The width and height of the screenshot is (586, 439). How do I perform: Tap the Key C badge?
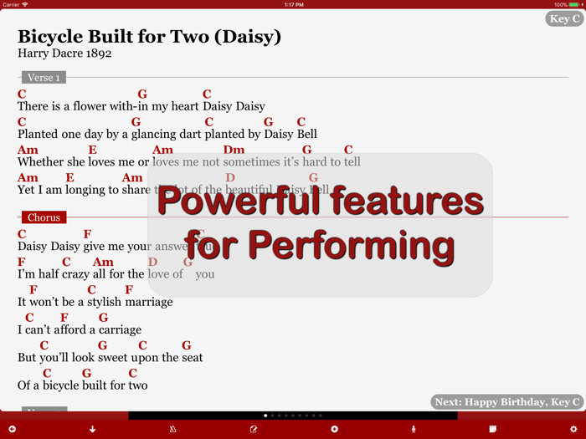(x=564, y=18)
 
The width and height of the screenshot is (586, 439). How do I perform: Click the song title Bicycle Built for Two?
(x=149, y=37)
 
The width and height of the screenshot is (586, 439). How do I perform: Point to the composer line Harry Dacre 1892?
(x=64, y=54)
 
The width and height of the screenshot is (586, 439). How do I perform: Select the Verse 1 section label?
(x=44, y=78)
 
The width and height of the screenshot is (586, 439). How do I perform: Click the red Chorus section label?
(x=44, y=217)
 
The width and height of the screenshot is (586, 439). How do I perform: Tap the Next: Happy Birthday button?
(x=507, y=402)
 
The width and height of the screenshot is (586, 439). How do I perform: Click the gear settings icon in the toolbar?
(x=573, y=429)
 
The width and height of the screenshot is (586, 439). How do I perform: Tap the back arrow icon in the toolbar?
(x=13, y=429)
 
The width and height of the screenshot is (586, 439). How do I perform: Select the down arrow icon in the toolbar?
(x=92, y=429)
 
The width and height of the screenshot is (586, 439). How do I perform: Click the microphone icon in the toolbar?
(x=413, y=429)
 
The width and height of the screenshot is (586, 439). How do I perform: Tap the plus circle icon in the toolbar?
(x=334, y=429)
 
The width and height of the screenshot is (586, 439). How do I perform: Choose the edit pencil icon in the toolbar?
(x=254, y=429)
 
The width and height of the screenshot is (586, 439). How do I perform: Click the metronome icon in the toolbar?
(x=172, y=429)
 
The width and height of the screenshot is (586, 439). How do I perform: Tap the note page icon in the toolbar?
(x=493, y=429)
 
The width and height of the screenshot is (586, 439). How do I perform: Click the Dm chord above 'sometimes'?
(x=234, y=151)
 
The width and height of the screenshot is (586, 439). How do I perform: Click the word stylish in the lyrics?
(x=95, y=302)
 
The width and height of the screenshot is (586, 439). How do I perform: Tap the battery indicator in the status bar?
(x=576, y=4)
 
